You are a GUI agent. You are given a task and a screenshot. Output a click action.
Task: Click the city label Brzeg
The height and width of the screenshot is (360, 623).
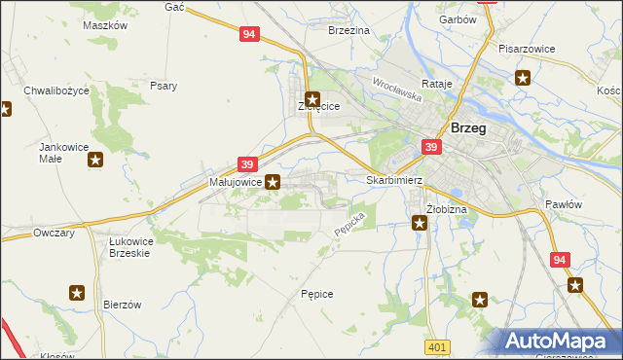[x=469, y=128]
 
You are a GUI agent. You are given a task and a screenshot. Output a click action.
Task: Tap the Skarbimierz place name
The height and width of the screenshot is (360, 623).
[x=393, y=181]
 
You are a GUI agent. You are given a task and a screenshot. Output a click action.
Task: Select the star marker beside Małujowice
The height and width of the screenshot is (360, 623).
[x=274, y=181]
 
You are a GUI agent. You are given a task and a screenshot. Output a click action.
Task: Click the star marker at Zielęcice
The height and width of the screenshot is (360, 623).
[x=312, y=98]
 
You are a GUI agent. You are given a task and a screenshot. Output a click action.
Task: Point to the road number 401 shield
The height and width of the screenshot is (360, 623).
[x=437, y=347]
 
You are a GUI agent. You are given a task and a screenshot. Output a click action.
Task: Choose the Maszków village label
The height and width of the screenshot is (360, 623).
[x=105, y=26]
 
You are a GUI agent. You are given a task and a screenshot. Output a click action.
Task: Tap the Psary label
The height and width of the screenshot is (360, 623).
[x=164, y=86]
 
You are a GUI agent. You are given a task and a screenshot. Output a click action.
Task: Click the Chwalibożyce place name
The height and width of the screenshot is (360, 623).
[x=56, y=90]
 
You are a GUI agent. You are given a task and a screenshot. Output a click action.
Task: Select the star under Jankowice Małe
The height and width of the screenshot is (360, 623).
[x=94, y=160]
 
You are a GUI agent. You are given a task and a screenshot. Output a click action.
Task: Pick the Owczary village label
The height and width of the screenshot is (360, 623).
[x=55, y=234]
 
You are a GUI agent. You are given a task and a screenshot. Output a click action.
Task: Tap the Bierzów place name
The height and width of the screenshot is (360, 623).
[x=123, y=305]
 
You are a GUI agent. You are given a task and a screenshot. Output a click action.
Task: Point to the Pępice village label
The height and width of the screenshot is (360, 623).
[x=317, y=293]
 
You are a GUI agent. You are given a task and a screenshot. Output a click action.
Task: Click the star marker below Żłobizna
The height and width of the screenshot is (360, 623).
[x=420, y=224]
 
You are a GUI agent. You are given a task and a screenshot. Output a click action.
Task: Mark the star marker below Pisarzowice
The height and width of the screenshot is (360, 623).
[x=524, y=79]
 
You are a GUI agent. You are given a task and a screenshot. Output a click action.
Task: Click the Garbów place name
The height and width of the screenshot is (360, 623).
[x=457, y=19]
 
